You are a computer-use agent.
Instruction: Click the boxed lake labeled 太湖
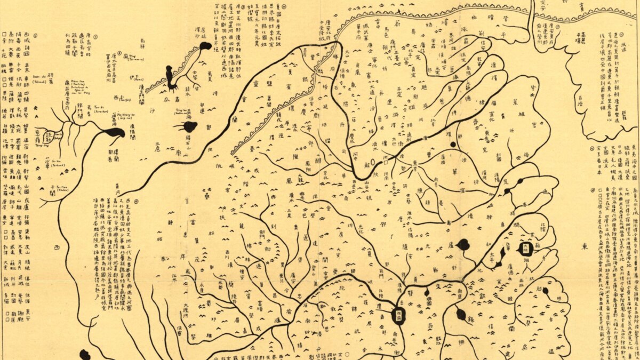[x=525, y=248]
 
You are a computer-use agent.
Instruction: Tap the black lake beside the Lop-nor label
[x=114, y=133]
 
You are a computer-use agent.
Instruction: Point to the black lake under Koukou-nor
[x=189, y=127]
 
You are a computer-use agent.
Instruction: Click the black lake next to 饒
[x=461, y=314]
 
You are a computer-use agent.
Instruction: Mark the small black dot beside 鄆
[x=453, y=144]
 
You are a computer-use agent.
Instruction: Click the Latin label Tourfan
[x=126, y=100]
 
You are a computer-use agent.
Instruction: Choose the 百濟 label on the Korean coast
[x=586, y=98]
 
